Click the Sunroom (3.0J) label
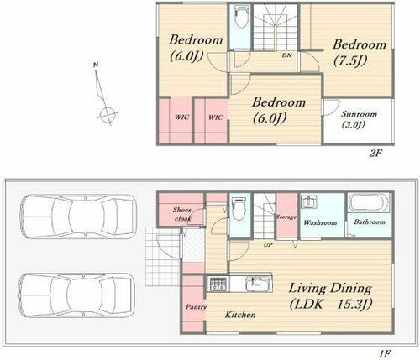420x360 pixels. [x=359, y=119]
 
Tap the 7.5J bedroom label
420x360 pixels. [x=360, y=53]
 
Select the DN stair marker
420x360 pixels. [x=286, y=55]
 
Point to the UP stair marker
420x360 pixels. [x=268, y=245]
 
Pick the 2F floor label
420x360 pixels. [x=375, y=153]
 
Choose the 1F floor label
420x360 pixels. [x=385, y=353]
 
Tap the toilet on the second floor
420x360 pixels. [x=241, y=17]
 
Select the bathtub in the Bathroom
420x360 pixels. [x=369, y=202]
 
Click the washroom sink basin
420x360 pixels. [x=309, y=202]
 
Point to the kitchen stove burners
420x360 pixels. [x=218, y=284]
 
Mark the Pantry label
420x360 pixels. [x=196, y=307]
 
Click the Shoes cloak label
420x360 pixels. [x=182, y=214]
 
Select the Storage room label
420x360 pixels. [x=286, y=217]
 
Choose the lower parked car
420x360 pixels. [x=76, y=295]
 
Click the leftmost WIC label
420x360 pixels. [x=181, y=117]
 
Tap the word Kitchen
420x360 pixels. [x=240, y=315]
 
